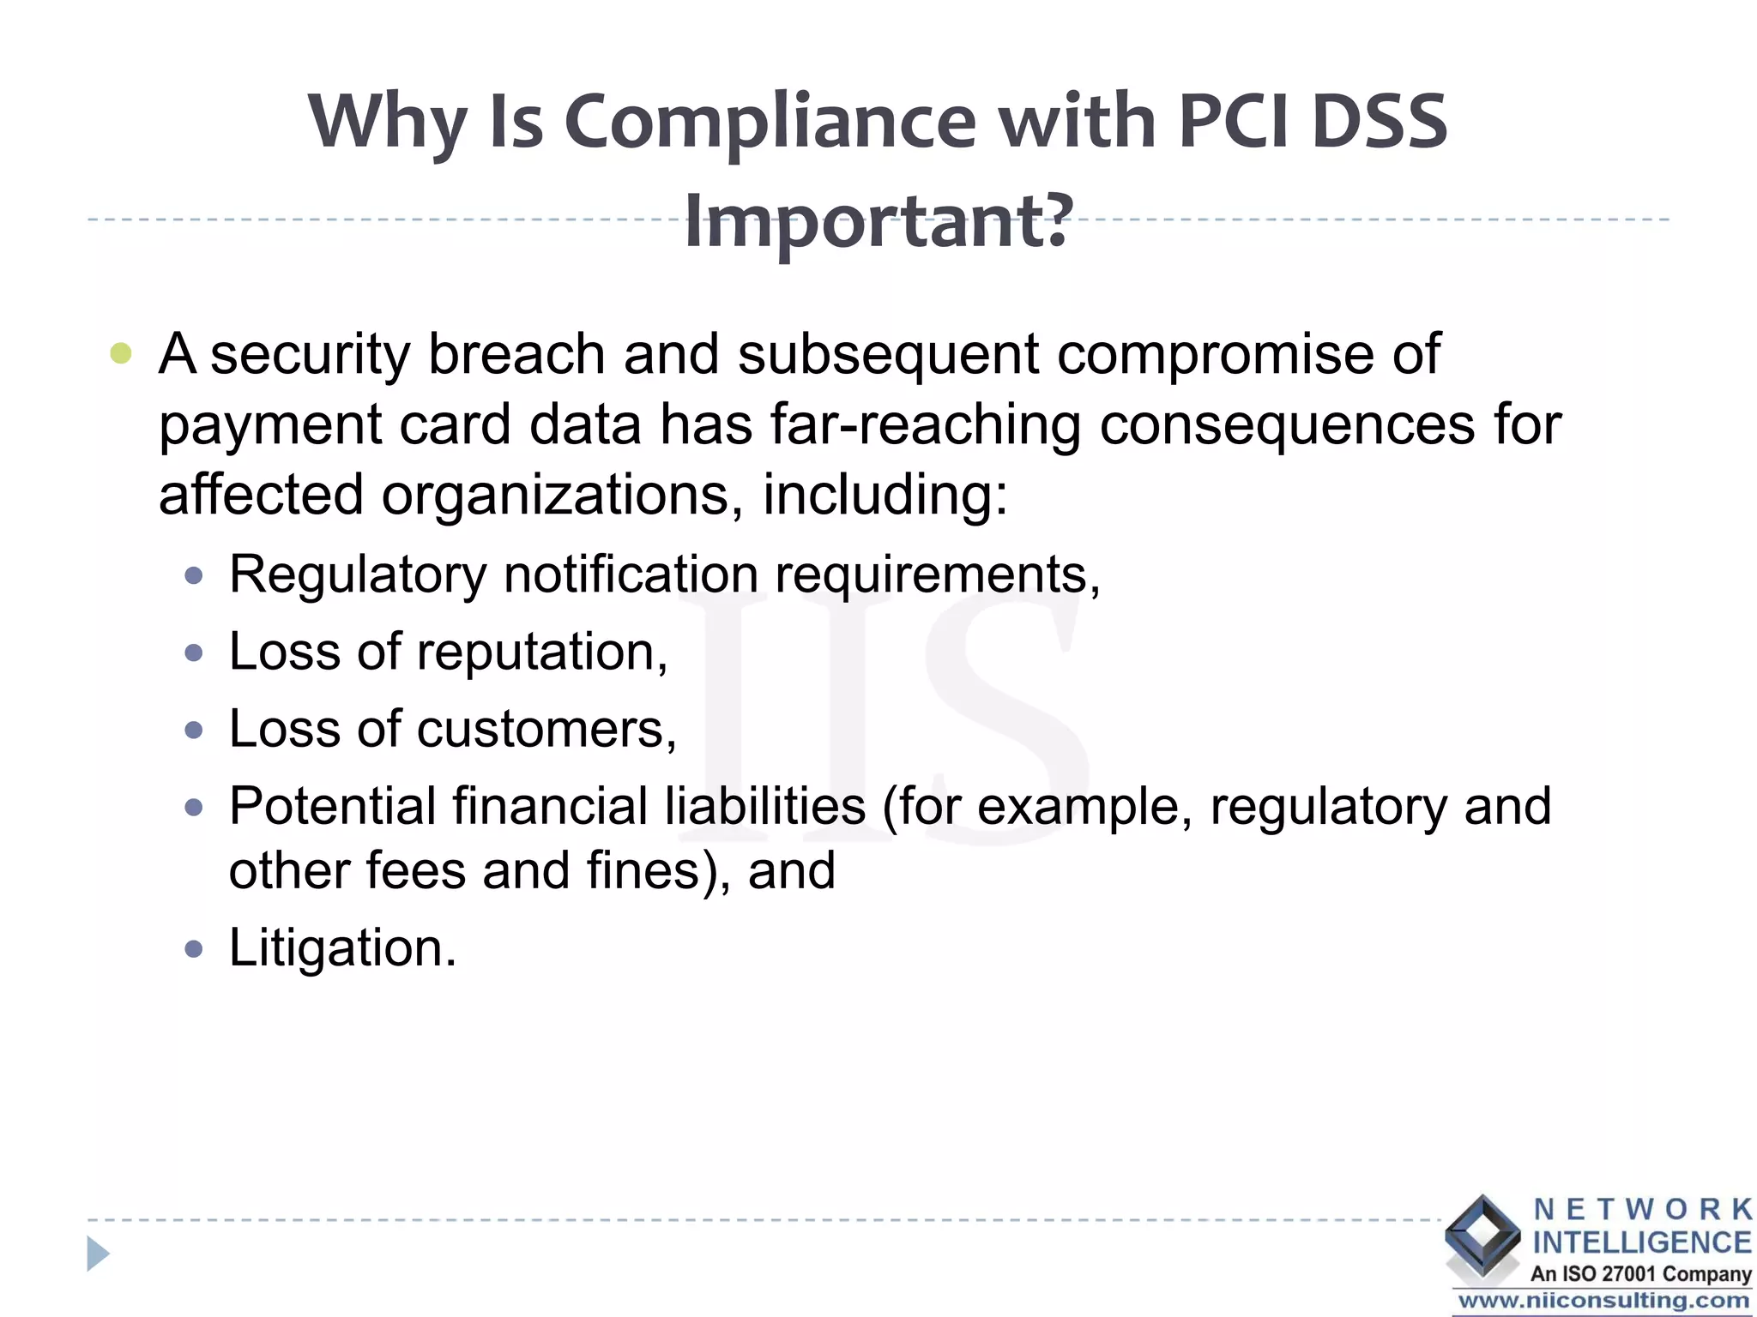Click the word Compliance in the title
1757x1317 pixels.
tap(770, 122)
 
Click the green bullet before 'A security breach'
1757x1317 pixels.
tap(121, 353)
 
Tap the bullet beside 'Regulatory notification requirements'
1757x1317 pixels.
tap(194, 575)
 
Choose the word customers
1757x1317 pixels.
tap(546, 730)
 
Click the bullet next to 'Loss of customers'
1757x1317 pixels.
tap(194, 731)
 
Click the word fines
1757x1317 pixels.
tap(655, 870)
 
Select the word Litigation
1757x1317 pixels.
tap(342, 947)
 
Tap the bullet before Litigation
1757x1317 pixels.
tap(194, 949)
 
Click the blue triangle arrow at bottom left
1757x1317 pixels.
tap(98, 1254)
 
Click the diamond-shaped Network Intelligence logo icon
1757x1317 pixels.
tap(1482, 1235)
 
